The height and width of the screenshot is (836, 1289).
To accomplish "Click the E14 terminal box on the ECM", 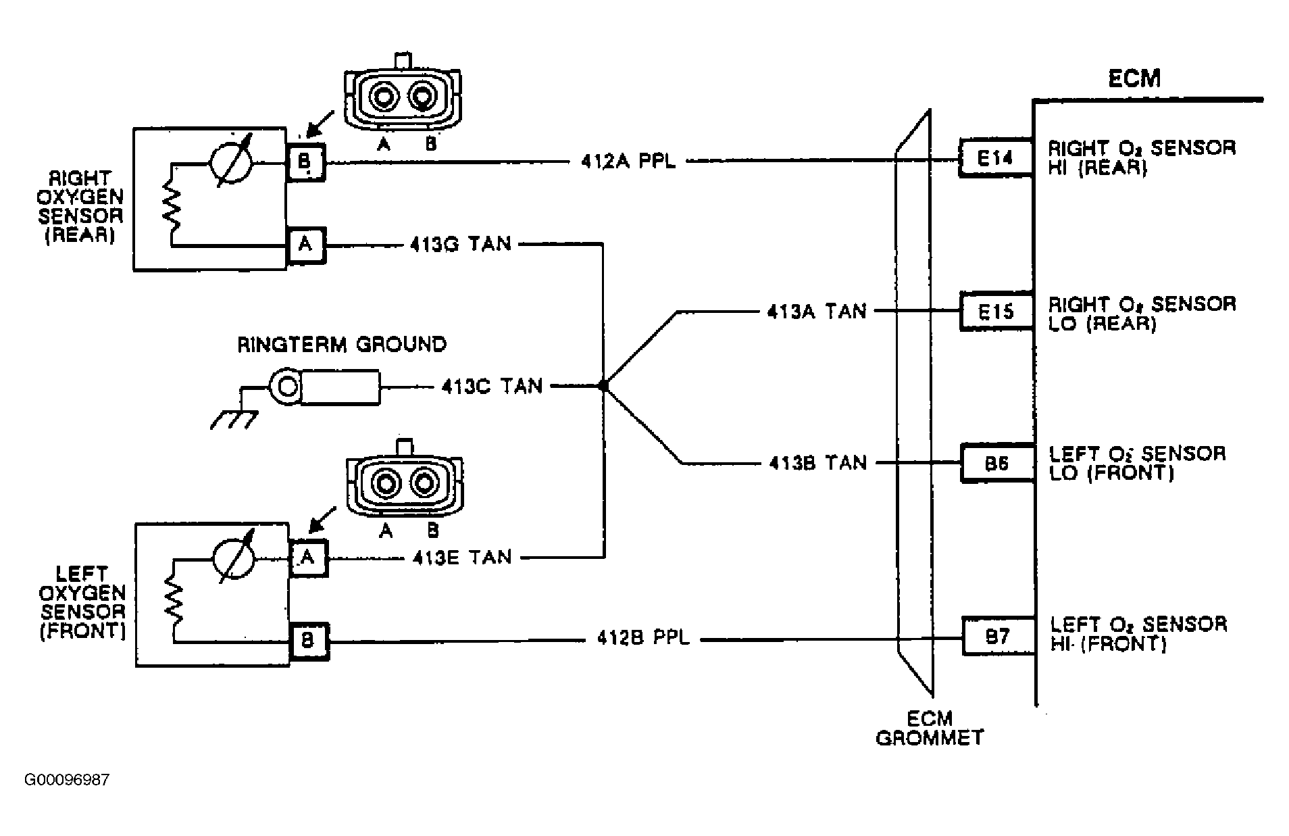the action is pos(996,158).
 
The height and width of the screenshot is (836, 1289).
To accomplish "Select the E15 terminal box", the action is pos(996,311).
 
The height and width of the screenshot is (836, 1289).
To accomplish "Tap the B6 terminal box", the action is pos(997,463).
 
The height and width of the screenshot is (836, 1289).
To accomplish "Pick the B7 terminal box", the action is pos(998,636).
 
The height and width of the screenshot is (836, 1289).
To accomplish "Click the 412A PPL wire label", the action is pos(628,162).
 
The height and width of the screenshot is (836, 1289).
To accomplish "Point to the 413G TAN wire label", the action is pos(461,243).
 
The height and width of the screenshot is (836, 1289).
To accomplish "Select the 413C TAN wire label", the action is pos(492,386).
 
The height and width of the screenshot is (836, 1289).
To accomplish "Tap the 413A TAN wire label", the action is pos(816,312).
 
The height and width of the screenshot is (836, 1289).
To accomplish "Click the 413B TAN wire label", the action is pos(817,463).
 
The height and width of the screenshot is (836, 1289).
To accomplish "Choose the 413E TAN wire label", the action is pos(462,557).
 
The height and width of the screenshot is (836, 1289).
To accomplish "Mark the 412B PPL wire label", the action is pos(643,637).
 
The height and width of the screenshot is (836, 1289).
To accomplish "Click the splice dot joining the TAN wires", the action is pos(603,386).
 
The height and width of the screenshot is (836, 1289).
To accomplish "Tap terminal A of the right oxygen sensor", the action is pos(306,245).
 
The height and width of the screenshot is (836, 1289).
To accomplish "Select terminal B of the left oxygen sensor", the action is pos(309,641).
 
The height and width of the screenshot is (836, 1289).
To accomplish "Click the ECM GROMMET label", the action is pos(930,728).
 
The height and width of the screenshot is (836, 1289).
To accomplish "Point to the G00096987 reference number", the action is pos(67,780).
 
